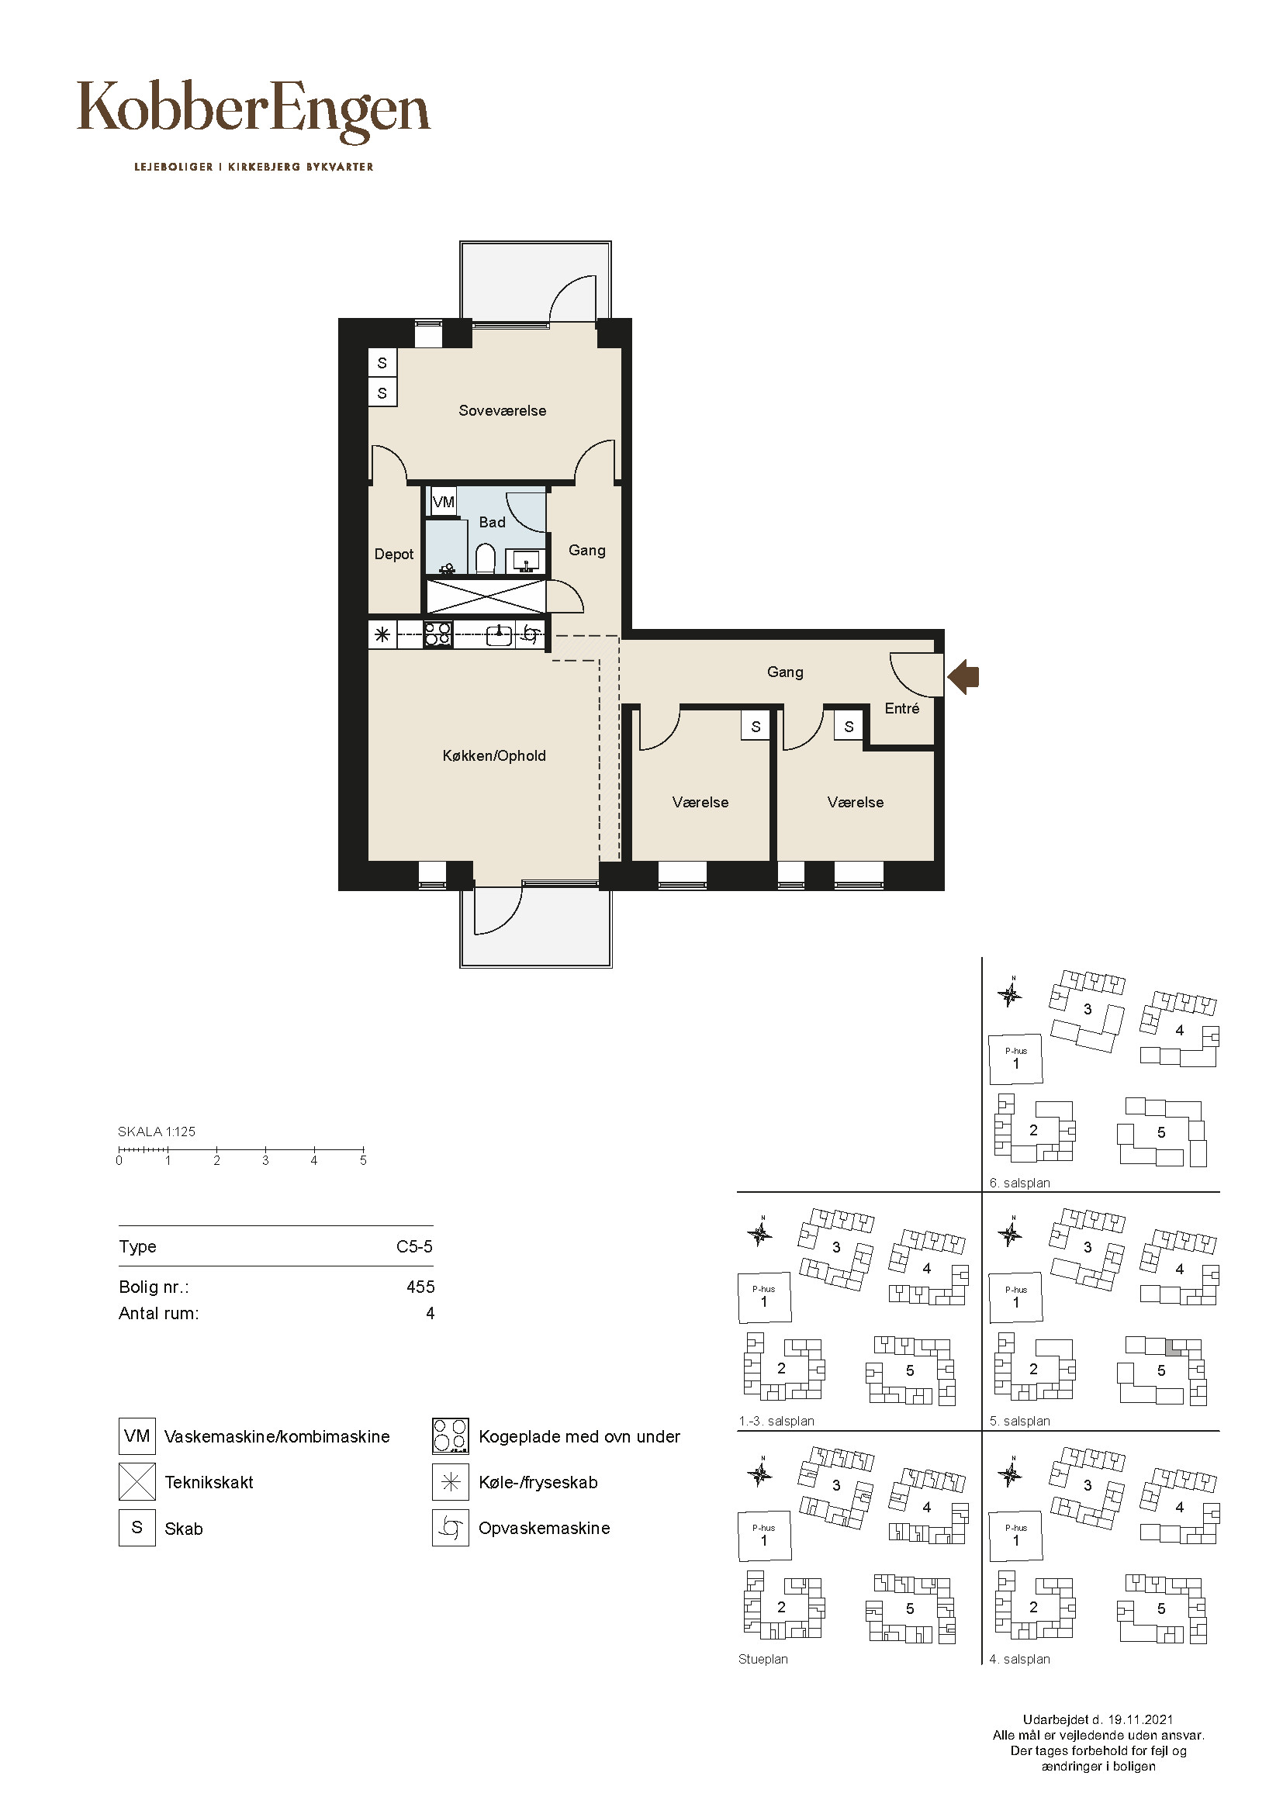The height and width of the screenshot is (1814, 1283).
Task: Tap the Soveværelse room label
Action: point(503,411)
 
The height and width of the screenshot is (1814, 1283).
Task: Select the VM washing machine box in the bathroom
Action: point(443,502)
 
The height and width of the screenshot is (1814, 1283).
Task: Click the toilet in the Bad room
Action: point(485,558)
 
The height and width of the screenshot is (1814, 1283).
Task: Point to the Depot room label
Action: point(393,555)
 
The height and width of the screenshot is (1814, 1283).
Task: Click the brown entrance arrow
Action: point(963,677)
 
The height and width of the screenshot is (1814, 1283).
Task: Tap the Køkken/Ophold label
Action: point(494,756)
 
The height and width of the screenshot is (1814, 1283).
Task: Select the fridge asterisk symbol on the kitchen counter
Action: point(382,634)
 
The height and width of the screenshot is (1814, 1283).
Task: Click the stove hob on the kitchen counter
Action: point(438,635)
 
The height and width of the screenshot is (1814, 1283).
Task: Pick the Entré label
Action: point(902,709)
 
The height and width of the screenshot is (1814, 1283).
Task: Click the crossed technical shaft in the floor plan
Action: point(486,596)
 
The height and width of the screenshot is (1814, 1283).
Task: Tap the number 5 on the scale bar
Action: point(363,1161)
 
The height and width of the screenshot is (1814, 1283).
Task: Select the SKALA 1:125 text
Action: point(157,1132)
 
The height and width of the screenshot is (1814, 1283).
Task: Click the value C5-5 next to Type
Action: point(415,1247)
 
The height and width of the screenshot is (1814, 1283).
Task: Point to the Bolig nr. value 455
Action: point(420,1287)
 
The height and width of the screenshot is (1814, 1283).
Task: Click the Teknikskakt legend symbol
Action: point(137,1482)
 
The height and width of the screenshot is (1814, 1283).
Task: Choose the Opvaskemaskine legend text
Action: point(545,1528)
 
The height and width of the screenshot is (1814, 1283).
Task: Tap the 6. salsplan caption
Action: point(1020,1183)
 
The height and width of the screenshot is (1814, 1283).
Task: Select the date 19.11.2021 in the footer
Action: point(1141,1720)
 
